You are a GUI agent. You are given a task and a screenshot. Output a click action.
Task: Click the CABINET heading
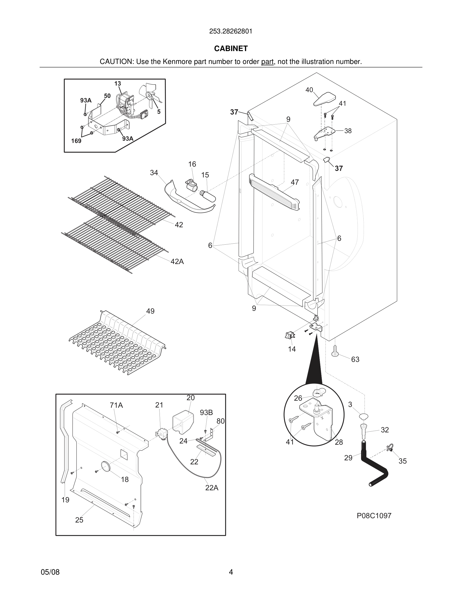tap(231, 49)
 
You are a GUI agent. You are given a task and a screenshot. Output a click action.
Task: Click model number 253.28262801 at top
tap(231, 31)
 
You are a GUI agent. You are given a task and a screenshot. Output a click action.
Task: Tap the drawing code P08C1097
tap(374, 516)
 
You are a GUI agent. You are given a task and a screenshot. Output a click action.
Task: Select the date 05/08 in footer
tap(50, 572)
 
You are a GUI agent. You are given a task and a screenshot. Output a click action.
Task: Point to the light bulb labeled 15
tap(208, 196)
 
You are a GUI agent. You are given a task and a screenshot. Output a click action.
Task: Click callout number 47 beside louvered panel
tap(294, 182)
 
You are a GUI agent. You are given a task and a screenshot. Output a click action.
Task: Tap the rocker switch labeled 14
tap(290, 335)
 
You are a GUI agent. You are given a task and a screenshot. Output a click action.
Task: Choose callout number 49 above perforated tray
tap(150, 311)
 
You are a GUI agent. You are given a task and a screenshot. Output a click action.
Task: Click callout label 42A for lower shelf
tap(177, 261)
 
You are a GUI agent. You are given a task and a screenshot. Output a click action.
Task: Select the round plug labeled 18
tap(105, 466)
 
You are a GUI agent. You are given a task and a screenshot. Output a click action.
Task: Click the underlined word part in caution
tap(267, 62)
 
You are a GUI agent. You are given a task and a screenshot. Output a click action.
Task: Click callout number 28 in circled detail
tap(338, 442)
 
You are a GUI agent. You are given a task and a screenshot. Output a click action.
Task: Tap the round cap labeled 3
tap(363, 417)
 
